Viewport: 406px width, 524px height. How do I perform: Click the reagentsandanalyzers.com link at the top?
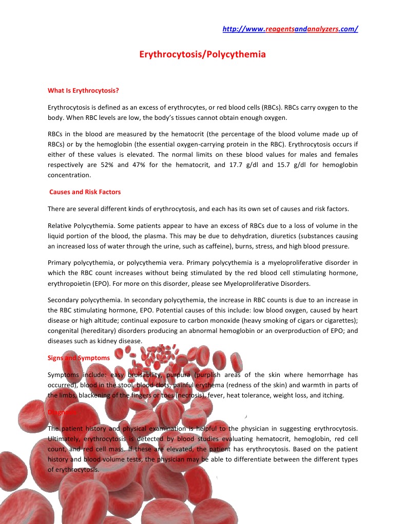[x=290, y=29]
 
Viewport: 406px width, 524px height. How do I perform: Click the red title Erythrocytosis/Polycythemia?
[x=203, y=54]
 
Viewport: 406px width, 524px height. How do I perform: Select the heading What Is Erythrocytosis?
[x=83, y=91]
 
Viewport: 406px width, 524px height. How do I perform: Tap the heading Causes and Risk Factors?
[x=85, y=192]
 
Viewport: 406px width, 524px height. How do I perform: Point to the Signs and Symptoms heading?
[x=79, y=358]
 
